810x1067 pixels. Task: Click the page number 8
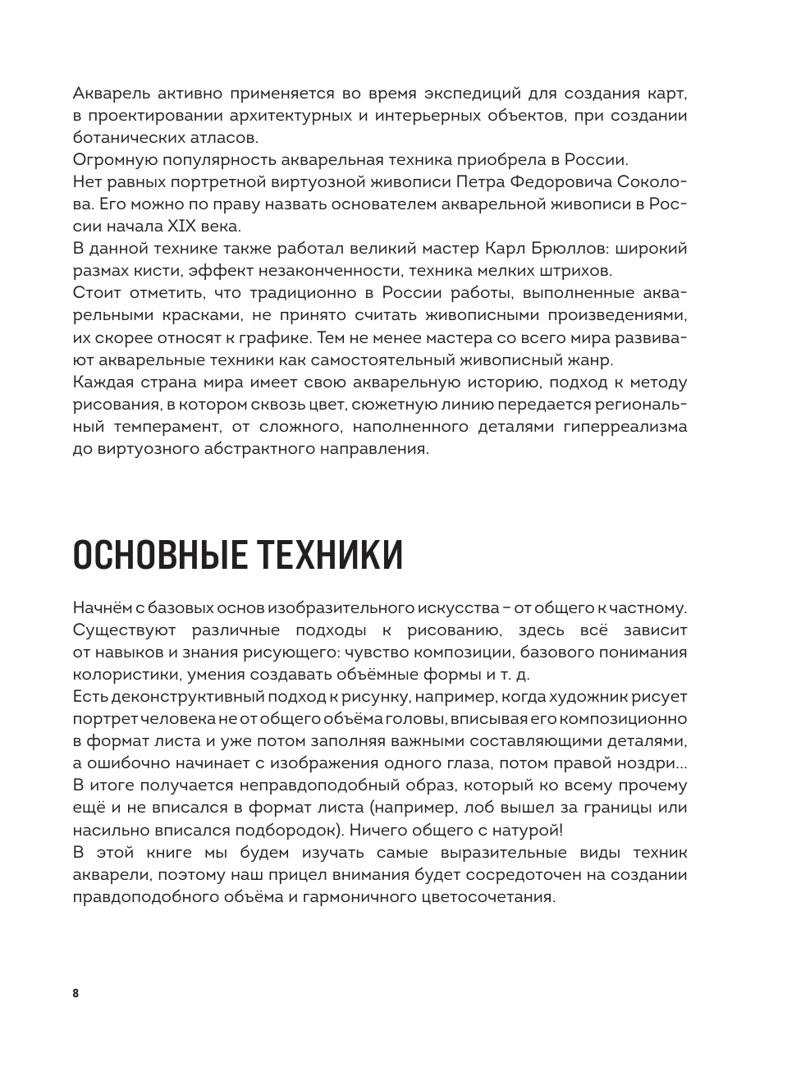coord(76,993)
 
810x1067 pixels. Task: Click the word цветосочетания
coord(484,897)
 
